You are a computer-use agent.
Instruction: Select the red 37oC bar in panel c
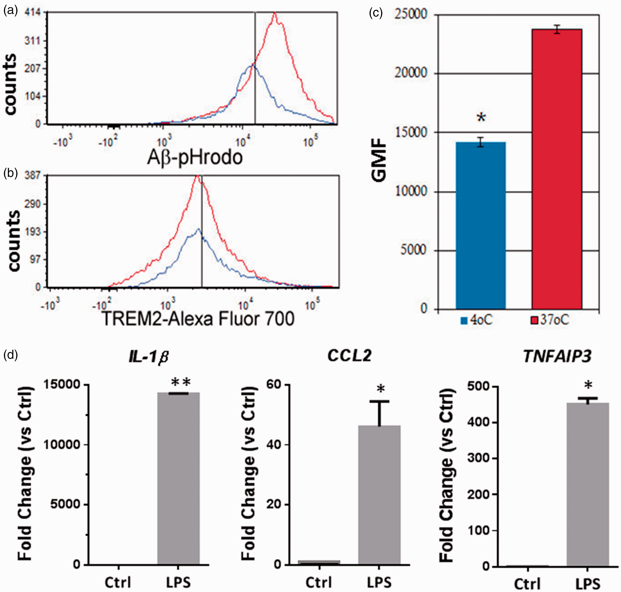click(x=557, y=169)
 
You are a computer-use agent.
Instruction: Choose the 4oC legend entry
click(x=476, y=320)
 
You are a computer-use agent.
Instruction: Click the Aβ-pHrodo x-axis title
click(x=195, y=157)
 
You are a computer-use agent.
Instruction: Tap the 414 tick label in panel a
click(x=33, y=12)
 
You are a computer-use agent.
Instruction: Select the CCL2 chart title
click(x=349, y=356)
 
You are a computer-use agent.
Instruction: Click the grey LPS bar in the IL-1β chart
click(x=179, y=478)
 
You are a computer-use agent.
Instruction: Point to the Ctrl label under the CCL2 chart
click(x=318, y=582)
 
